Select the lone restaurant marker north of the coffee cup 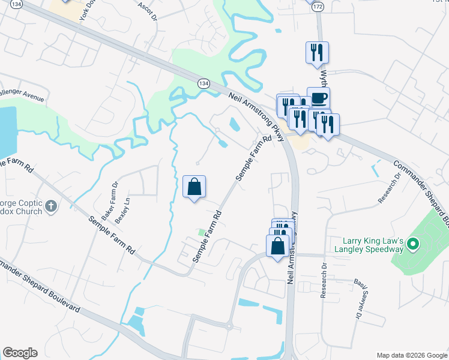pos(316,52)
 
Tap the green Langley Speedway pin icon pos(412,244)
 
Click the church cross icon pos(51,207)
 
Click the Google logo pos(19,353)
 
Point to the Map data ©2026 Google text pos(412,355)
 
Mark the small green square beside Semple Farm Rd pos(202,232)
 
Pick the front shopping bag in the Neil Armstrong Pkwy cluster pos(278,247)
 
